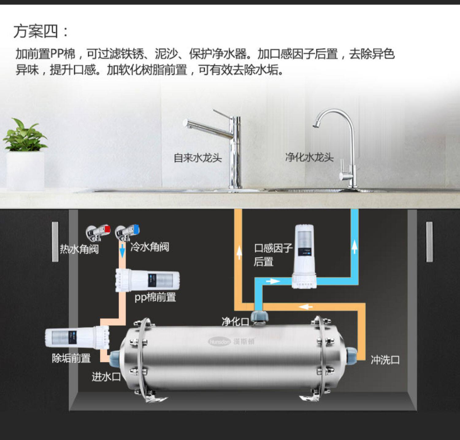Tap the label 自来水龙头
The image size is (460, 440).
(x=197, y=158)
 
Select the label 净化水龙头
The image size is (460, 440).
(x=309, y=157)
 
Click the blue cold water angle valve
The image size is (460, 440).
(x=128, y=232)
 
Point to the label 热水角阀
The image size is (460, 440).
(x=79, y=249)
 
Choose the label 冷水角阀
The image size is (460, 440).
(x=150, y=247)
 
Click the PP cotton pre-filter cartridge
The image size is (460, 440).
(x=147, y=280)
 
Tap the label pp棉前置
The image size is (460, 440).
(x=155, y=297)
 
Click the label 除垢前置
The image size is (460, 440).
(x=71, y=358)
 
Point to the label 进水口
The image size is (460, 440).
(x=106, y=376)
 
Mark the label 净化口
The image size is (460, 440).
(x=235, y=322)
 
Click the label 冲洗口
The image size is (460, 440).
(x=385, y=360)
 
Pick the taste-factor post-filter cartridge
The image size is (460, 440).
(x=304, y=256)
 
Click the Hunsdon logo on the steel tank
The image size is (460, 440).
(x=231, y=341)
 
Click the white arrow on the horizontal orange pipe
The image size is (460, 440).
(x=306, y=307)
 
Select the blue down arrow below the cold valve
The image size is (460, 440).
(x=122, y=251)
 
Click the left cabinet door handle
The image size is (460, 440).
(x=55, y=241)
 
